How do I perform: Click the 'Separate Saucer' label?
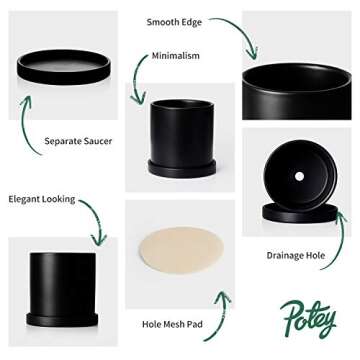coord(77,141)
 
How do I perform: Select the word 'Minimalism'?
coord(175,56)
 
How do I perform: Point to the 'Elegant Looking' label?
coord(42,199)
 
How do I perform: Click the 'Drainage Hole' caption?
coord(295,255)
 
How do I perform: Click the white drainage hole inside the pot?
coord(298,176)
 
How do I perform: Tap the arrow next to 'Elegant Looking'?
coord(93,220)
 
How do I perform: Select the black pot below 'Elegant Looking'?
coord(62,285)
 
